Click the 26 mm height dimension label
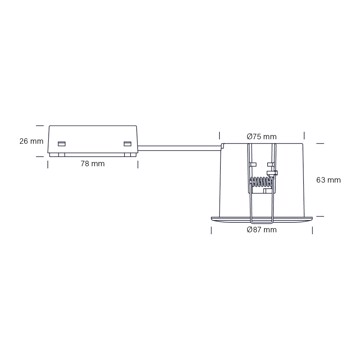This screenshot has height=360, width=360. pyautogui.click(x=31, y=141)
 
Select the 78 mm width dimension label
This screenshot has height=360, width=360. pyautogui.click(x=93, y=164)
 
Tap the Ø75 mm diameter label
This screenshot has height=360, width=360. pyautogui.click(x=262, y=136)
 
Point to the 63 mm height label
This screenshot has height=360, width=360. pyautogui.click(x=329, y=180)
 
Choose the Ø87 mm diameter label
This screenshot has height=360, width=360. pyautogui.click(x=262, y=230)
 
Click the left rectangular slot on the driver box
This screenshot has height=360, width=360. pyautogui.click(x=61, y=144)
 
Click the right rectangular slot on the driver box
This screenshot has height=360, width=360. pyautogui.click(x=127, y=144)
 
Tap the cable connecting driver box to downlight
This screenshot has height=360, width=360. pyautogui.click(x=179, y=148)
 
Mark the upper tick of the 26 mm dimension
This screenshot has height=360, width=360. pyautogui.click(x=40, y=126)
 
